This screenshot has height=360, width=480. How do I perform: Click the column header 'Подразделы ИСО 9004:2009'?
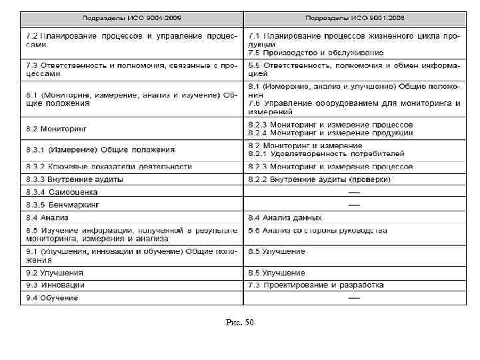point(131,17)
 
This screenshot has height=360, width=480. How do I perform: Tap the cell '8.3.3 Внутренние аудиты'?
point(75,179)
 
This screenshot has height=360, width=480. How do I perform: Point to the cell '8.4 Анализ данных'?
point(285,217)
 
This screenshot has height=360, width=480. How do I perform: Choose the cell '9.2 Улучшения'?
point(55,273)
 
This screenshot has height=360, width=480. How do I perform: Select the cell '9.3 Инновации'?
point(55,285)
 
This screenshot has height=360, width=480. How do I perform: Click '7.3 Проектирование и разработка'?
point(315,285)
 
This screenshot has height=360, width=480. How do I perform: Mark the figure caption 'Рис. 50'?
point(240,323)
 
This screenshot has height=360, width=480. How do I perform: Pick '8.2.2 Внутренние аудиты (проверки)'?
point(319,179)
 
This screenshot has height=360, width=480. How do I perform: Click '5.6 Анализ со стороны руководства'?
point(317,231)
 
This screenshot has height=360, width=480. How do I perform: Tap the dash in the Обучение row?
point(354,297)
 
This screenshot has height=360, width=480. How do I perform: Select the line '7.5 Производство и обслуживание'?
point(315,52)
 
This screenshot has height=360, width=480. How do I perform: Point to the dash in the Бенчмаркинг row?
point(354,204)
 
